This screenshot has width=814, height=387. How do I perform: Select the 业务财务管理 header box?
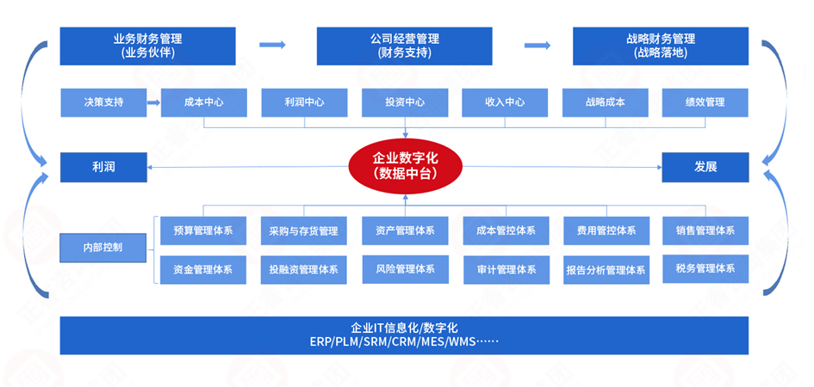[x=146, y=46]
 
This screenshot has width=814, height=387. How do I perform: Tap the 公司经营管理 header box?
[x=404, y=46]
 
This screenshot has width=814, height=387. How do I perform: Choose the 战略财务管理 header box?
[x=661, y=46]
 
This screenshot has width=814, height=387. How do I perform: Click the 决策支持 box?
[x=103, y=102]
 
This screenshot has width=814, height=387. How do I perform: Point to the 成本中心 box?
[x=204, y=102]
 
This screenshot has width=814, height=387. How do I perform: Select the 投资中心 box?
[x=404, y=102]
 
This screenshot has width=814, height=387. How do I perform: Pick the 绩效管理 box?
[x=705, y=102]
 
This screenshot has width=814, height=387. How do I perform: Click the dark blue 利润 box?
[x=103, y=167]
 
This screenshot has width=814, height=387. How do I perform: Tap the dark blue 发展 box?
[x=705, y=167]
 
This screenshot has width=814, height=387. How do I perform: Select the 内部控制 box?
[x=103, y=248]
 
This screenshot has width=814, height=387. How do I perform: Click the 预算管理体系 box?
[x=203, y=230]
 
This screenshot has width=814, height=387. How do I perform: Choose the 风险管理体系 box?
[x=405, y=269]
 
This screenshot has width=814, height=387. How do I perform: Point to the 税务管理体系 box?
[x=705, y=269]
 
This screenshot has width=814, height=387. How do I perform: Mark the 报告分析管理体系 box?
[x=606, y=270]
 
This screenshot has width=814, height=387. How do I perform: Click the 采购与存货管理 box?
[x=303, y=230]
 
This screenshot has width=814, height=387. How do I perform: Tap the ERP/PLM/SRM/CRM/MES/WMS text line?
[x=404, y=341]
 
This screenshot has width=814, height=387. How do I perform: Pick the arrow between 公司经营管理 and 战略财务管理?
[x=537, y=46]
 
